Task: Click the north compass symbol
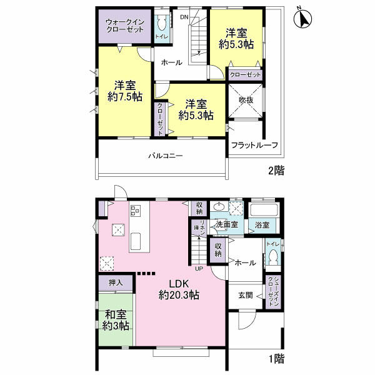click(302, 19)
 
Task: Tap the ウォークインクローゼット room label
click(125, 26)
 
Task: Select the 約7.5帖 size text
click(125, 97)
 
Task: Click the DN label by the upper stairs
click(184, 17)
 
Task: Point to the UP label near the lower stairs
click(199, 269)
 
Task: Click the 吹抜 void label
click(246, 100)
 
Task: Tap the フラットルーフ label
click(255, 145)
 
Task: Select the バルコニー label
click(166, 156)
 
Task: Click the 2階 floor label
click(276, 171)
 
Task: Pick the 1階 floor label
click(277, 359)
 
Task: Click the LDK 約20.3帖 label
click(179, 289)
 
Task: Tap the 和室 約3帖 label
click(116, 320)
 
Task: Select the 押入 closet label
click(116, 283)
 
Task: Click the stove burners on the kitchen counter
click(136, 211)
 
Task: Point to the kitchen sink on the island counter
click(136, 241)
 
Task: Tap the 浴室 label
click(262, 225)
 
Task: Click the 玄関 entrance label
click(246, 295)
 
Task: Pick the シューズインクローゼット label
click(273, 291)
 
